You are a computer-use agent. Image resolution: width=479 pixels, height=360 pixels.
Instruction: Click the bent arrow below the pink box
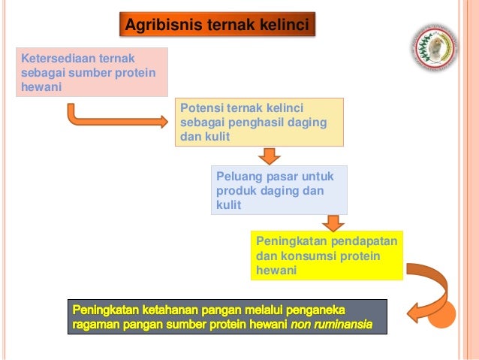pos(113,117)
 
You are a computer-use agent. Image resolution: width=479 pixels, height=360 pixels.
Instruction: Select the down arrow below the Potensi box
pos(269,155)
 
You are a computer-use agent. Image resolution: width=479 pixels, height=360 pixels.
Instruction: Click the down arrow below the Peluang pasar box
pos(331,223)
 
